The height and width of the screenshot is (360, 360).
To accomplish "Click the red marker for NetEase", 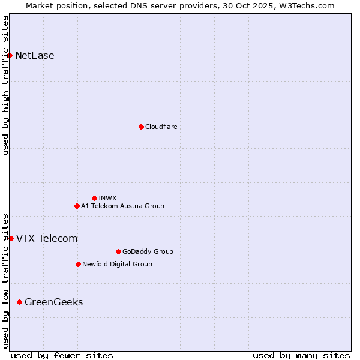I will [x=10, y=56].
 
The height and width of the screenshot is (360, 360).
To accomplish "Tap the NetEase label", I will [x=35, y=56].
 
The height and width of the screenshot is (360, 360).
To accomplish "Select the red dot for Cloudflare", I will [x=141, y=127].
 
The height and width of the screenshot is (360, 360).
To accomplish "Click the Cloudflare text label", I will [x=161, y=127].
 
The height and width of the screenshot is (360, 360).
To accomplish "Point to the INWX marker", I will [x=94, y=198].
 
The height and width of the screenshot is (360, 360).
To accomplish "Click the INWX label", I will [x=107, y=198].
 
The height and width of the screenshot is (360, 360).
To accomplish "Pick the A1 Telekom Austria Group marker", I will [x=77, y=206].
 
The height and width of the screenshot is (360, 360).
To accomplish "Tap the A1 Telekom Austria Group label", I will [x=122, y=206].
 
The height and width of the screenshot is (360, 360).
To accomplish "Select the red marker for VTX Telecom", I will [x=11, y=238].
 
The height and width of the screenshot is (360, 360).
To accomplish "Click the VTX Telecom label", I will [x=47, y=238].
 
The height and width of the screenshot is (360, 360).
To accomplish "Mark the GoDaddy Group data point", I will [x=118, y=251].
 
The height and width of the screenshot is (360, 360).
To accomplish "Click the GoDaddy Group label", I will [x=148, y=251].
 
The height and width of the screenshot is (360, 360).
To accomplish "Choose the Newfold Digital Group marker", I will [x=78, y=264].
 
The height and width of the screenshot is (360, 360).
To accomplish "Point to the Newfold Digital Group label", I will [x=117, y=264].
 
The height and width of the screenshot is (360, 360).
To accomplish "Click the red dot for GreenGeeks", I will [x=19, y=302].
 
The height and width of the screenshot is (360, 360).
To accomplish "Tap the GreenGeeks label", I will [x=54, y=302].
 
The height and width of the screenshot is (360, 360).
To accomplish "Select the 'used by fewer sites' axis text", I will [x=62, y=355].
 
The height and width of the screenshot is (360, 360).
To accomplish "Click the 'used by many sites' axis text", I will [x=301, y=355].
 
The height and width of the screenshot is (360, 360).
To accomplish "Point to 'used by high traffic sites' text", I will [x=5, y=85].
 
